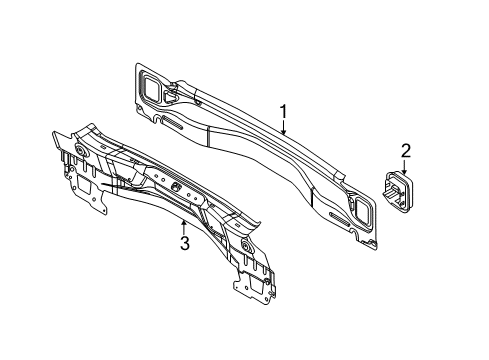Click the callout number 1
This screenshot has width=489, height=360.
click(x=283, y=112)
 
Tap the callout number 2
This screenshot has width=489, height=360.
click(x=405, y=151)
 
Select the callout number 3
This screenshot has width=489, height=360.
click(x=184, y=243)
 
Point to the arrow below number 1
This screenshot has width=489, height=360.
click(x=283, y=128)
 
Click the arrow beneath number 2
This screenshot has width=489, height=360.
click(x=405, y=167)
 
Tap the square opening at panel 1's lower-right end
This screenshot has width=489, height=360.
click(x=362, y=210)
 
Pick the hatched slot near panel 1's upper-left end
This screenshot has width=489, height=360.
click(x=172, y=122)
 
